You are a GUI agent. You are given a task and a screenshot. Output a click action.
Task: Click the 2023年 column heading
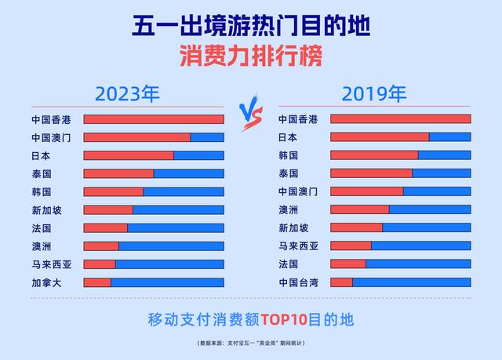point(127,95)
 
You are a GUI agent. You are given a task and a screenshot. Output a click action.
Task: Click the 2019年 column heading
point(374,95)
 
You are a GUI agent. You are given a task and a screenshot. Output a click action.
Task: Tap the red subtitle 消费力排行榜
point(251,56)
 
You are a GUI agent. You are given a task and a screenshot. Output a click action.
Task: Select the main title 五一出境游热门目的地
point(251,26)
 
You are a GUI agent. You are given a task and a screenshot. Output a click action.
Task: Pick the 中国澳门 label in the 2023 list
point(51,137)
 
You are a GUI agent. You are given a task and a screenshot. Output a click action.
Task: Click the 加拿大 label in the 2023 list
point(46,282)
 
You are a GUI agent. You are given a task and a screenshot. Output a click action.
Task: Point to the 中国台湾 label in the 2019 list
point(298,282)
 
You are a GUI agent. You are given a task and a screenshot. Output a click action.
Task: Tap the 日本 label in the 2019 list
point(289,137)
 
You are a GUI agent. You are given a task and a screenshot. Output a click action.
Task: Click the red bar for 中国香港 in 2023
point(154,119)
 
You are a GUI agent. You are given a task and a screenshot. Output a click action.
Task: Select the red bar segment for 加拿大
point(97,282)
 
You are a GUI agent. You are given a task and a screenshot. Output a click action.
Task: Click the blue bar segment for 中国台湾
point(411,282)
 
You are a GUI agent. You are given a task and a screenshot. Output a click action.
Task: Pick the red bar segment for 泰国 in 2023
point(118,173)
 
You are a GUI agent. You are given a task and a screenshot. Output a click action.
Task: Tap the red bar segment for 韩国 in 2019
point(374,155)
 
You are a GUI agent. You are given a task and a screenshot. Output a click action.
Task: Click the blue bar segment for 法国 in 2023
point(175,228)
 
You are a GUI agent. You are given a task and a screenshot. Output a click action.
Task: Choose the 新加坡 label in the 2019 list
point(293,228)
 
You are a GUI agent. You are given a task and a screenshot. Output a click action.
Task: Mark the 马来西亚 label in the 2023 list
point(51,264)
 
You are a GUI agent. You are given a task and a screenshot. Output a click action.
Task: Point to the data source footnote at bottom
point(251,344)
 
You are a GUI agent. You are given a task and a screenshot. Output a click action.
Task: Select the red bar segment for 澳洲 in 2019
point(359,209)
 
